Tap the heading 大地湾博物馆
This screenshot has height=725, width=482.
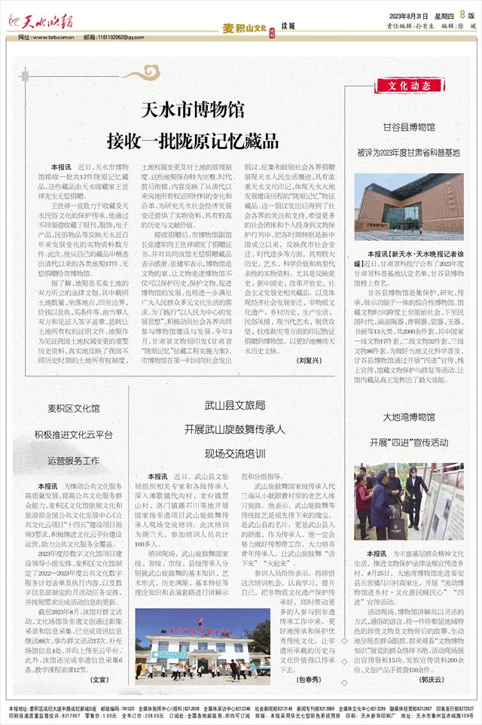point(409,417)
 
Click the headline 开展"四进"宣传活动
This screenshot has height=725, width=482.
point(409,442)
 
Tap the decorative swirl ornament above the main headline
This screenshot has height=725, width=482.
point(140,73)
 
